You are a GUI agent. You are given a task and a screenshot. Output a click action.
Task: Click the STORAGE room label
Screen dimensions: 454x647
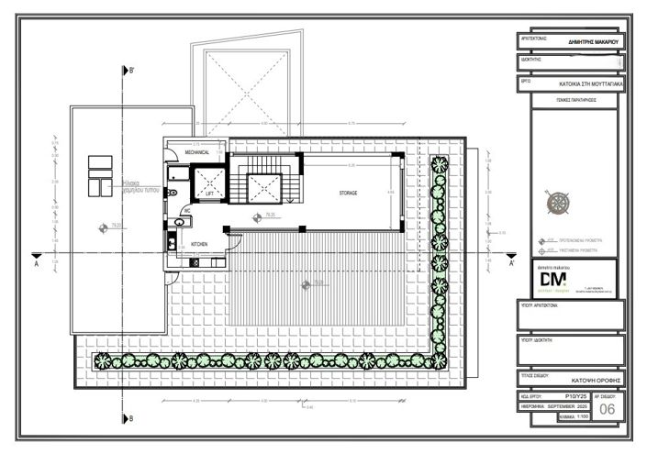[348, 194]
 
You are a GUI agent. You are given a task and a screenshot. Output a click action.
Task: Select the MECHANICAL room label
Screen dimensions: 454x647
[197, 152]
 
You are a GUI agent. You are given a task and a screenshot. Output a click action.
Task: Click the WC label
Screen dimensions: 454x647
[185, 211]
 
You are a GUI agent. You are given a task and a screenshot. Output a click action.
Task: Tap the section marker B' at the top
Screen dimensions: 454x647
[132, 70]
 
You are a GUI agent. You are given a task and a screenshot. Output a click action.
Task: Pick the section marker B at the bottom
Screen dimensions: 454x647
[131, 418]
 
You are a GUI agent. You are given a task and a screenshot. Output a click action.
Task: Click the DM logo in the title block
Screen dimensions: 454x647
[552, 278]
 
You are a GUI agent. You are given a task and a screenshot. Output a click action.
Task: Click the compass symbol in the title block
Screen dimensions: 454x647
[556, 203]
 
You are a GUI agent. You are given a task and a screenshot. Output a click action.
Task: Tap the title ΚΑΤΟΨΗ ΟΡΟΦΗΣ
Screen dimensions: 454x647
[588, 378]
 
